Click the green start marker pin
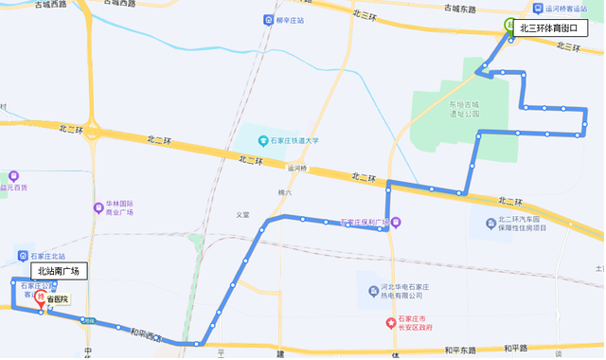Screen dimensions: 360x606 509,27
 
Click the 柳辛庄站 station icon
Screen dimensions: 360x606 271,21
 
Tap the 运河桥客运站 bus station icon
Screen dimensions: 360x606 538,8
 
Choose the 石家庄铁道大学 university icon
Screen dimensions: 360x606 264,141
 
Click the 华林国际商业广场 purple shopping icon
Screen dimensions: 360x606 98,207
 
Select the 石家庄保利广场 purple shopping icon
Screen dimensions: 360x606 397,224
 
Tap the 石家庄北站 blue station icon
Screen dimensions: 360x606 23,256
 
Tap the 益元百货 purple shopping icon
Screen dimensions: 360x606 14,176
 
